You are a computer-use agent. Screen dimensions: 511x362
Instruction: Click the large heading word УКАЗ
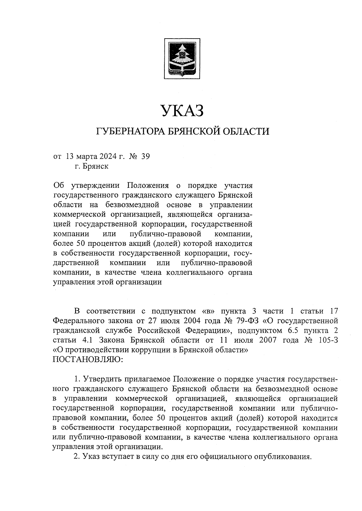coord(182,111)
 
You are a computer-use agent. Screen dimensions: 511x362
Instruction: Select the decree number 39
coord(145,156)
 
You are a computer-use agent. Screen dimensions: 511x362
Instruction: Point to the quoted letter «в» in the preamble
coord(207,311)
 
